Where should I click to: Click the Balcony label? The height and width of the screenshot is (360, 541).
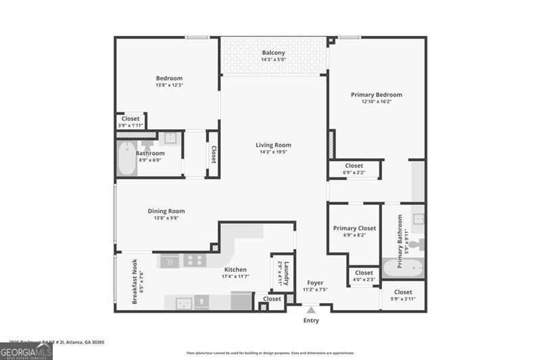(x=273, y=53)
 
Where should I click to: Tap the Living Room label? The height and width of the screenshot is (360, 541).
(x=273, y=145)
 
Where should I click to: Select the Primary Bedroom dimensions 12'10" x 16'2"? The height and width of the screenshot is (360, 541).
(x=376, y=102)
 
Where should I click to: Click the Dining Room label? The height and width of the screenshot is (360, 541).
(x=166, y=211)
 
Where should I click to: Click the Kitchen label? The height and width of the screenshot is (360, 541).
(x=235, y=269)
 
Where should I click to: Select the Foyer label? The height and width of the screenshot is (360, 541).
(x=314, y=282)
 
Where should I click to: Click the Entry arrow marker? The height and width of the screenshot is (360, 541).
(x=311, y=311)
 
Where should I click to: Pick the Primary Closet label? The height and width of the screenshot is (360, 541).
(x=354, y=229)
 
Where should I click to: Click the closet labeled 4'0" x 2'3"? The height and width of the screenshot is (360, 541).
(x=364, y=276)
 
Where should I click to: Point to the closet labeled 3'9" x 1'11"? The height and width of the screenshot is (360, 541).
(x=131, y=122)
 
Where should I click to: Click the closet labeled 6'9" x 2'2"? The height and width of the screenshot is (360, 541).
(x=354, y=169)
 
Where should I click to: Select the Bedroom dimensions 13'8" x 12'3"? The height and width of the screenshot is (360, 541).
(x=169, y=85)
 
